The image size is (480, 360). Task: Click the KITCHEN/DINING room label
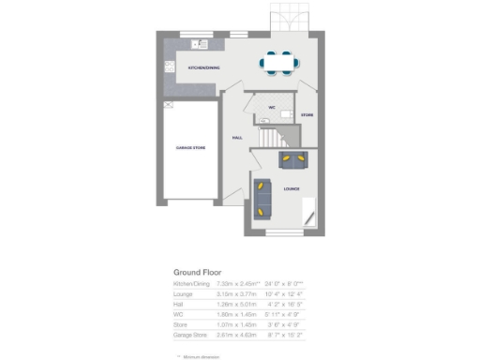203,68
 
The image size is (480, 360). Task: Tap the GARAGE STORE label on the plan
190,148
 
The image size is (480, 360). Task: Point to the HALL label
238,138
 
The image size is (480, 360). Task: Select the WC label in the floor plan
271,108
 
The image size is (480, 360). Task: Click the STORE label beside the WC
307,114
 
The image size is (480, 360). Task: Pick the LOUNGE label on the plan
292,188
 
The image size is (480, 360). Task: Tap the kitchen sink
199,44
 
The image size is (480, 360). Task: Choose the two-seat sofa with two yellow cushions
292,159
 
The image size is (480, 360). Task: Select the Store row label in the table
179,324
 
